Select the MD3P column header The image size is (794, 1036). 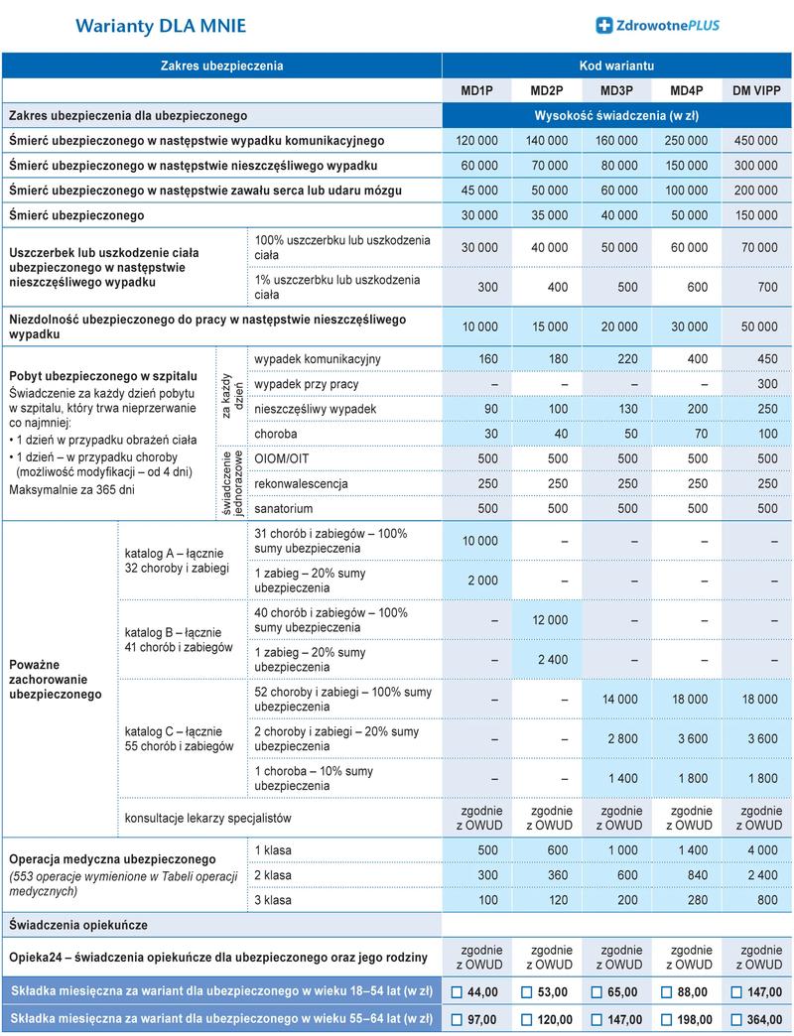pos(616,91)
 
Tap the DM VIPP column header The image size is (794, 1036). pos(754,91)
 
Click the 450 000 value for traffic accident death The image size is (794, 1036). pos(754,141)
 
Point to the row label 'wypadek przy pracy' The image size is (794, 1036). pos(307,384)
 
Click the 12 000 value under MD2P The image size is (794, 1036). pos(550,620)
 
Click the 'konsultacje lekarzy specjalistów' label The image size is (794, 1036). pos(206,819)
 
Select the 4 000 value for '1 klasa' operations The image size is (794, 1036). pos(762,850)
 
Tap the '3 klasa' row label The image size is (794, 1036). pos(273,900)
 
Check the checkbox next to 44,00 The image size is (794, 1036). pos(458,992)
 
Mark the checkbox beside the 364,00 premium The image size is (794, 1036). pos(735,1019)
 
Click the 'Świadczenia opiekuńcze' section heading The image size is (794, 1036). pos(78,925)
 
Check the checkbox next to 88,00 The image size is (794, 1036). pos(666,992)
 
